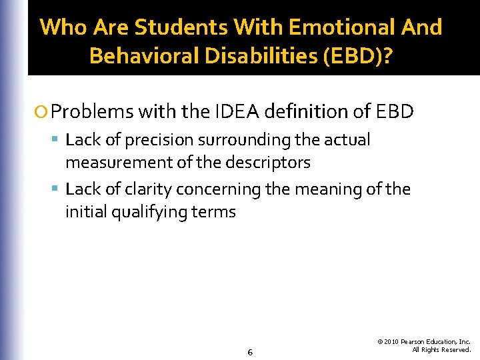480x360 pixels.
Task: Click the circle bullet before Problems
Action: point(43,111)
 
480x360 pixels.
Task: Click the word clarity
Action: point(148,189)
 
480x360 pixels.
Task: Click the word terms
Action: point(214,212)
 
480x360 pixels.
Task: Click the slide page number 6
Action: point(249,352)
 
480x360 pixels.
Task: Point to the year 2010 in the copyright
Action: point(392,341)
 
